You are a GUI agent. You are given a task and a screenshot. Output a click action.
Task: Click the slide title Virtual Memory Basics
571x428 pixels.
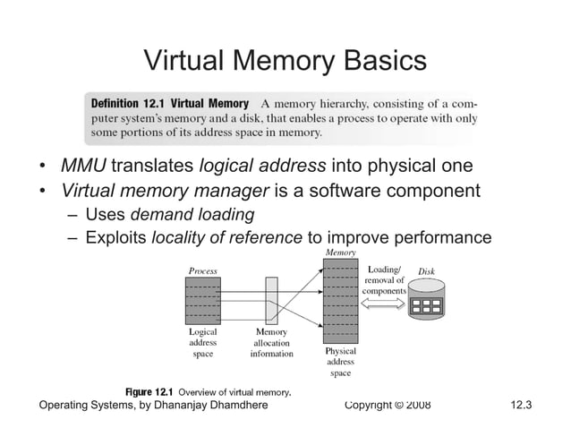pos(285,61)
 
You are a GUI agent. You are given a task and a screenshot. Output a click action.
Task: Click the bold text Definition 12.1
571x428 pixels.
pos(128,103)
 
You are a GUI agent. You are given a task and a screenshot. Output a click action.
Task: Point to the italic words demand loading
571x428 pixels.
pos(192,214)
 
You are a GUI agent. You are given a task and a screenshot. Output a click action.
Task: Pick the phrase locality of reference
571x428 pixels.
pos(227,237)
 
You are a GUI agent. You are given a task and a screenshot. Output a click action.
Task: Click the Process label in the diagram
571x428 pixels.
pos(202,270)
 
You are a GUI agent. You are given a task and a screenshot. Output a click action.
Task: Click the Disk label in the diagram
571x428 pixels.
pos(427,270)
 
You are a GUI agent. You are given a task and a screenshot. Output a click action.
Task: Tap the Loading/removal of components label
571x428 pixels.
pos(385,279)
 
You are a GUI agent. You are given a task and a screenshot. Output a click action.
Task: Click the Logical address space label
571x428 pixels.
pos(202,343)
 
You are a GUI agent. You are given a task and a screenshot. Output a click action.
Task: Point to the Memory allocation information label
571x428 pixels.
pos(271,343)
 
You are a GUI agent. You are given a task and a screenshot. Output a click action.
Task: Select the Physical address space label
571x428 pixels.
pos(340,362)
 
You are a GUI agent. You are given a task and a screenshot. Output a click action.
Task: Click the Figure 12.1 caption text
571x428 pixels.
pos(209,392)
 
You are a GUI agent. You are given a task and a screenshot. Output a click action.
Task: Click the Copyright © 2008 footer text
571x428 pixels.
pos(387,406)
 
